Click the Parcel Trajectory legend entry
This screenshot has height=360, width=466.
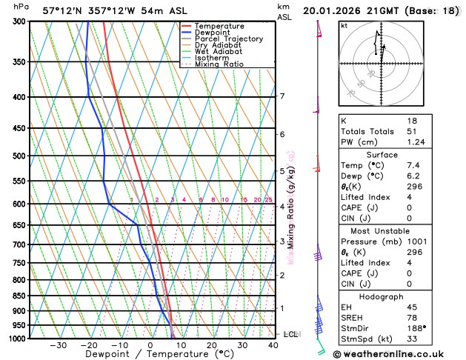coord(228,39)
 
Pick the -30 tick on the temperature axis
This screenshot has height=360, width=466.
coord(58,345)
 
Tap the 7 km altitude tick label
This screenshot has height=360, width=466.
coord(282,96)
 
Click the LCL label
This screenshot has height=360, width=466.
coord(290,334)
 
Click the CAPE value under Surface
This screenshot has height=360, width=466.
coord(410,207)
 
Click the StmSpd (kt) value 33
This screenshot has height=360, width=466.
coord(412,339)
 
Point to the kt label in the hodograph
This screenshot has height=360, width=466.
coord(344,25)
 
